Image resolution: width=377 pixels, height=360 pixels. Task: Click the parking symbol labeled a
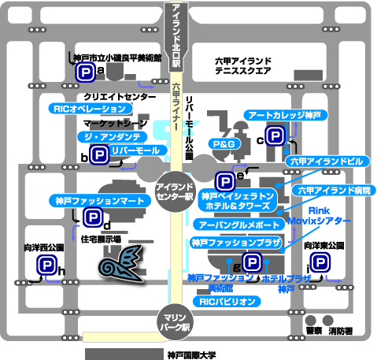point(85,72)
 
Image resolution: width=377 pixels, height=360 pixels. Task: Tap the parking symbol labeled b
point(99,155)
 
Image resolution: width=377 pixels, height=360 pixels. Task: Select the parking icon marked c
point(275,135)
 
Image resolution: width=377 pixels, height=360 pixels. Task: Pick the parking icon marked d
point(93,217)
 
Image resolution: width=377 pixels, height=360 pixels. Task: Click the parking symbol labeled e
point(225,182)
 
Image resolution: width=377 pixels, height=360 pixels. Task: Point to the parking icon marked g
point(252,262)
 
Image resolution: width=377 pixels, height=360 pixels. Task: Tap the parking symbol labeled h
point(46,265)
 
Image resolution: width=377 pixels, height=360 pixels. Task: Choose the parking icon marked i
point(320,262)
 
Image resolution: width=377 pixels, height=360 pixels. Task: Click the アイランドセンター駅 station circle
point(175,191)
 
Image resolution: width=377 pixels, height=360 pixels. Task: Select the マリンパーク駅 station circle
point(175,322)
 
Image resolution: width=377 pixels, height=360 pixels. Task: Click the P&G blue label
point(224,144)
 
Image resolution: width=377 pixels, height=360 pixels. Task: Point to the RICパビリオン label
point(227,302)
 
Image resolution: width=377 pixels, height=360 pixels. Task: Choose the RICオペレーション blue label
point(91,109)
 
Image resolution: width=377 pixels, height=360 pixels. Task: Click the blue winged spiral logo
point(121,263)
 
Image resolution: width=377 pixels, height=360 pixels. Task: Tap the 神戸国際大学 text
point(191,355)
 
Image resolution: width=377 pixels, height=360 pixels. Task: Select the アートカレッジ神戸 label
point(286,115)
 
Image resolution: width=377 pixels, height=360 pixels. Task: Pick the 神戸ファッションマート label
point(100,201)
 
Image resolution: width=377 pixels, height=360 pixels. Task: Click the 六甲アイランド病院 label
point(334,191)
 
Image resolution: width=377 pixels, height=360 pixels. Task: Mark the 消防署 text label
point(341,332)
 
